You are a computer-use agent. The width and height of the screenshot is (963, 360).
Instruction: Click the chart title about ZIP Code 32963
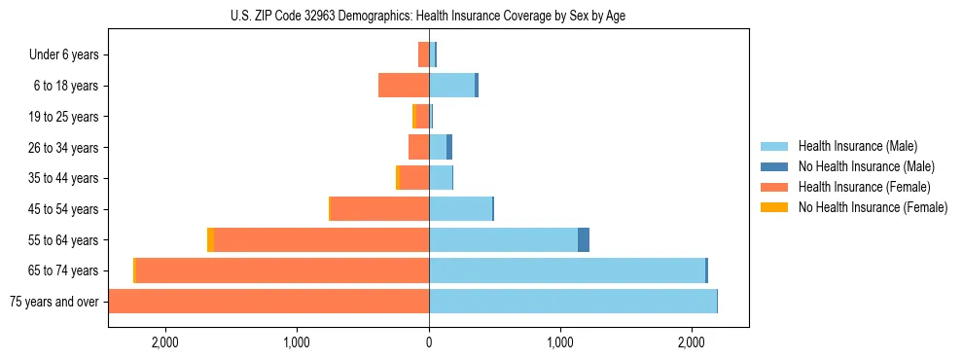click(428, 16)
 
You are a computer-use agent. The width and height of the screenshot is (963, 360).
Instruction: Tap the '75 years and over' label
click(54, 302)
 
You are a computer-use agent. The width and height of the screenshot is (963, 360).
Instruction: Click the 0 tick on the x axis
click(429, 342)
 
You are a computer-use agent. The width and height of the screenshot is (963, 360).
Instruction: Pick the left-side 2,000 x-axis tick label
click(164, 342)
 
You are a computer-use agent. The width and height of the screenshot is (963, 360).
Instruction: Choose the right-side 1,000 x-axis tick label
click(560, 342)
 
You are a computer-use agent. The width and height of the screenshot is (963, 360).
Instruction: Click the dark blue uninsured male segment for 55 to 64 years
click(584, 239)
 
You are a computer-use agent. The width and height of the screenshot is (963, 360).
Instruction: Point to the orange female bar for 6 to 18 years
click(404, 86)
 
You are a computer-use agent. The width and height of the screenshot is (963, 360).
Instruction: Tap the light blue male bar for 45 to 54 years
click(460, 209)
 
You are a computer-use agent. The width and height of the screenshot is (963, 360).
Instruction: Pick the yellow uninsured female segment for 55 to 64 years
click(210, 239)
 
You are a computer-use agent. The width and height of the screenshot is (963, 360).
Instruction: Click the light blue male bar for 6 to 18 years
click(451, 86)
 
